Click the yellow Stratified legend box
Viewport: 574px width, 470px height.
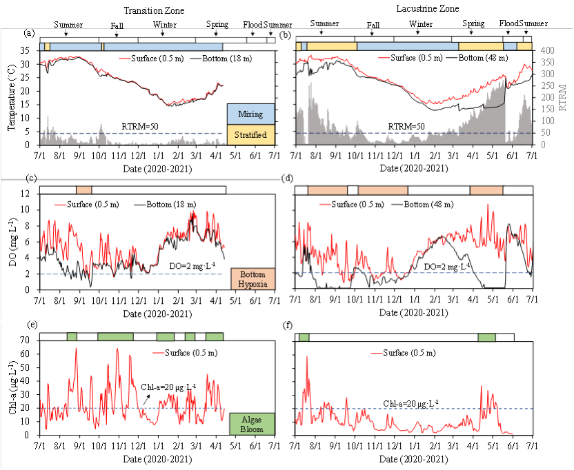click(x=251, y=134)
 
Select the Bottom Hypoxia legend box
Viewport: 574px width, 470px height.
click(x=252, y=278)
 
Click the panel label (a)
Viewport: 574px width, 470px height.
click(x=29, y=33)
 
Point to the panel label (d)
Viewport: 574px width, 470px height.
click(x=289, y=178)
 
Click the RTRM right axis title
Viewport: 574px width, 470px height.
click(x=563, y=96)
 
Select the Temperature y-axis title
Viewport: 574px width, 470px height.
click(x=11, y=97)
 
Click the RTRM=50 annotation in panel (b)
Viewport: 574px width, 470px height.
click(x=408, y=127)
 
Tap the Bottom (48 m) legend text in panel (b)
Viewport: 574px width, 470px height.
click(x=482, y=58)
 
